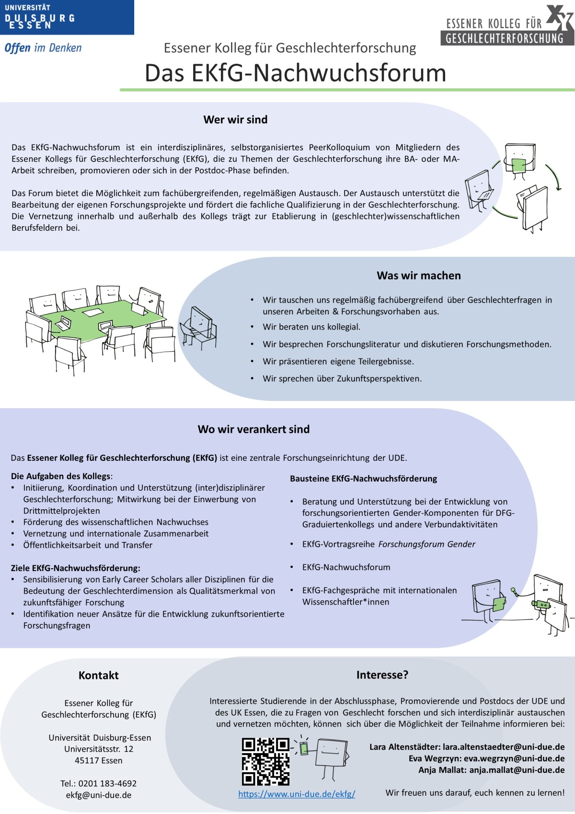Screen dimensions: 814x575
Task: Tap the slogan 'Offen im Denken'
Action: coord(43,48)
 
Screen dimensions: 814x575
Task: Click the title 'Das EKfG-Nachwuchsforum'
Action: coord(295,73)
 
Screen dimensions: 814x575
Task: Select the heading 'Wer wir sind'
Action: coord(235,120)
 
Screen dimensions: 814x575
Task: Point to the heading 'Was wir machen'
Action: coord(418,275)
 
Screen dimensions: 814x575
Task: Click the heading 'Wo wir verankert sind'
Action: coord(253,429)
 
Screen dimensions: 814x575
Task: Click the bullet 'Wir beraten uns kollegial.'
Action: coord(311,327)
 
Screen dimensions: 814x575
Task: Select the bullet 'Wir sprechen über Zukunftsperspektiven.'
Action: coord(342,378)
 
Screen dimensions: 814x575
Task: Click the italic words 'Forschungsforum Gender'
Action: coord(426,544)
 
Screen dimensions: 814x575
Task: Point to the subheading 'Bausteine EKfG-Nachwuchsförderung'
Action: coord(363,479)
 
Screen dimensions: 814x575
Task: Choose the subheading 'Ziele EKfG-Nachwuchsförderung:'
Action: coord(76,568)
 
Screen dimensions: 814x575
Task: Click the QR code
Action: coord(265,761)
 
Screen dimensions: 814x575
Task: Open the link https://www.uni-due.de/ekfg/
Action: coord(297,794)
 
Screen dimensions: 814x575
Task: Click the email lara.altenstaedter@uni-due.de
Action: coord(504,747)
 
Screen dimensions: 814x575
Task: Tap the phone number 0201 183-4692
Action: coord(107,783)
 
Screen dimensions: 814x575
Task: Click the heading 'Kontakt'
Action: coord(98,676)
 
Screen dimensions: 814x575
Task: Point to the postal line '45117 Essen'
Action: coord(98,760)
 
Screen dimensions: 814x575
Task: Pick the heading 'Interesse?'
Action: coord(382,675)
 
